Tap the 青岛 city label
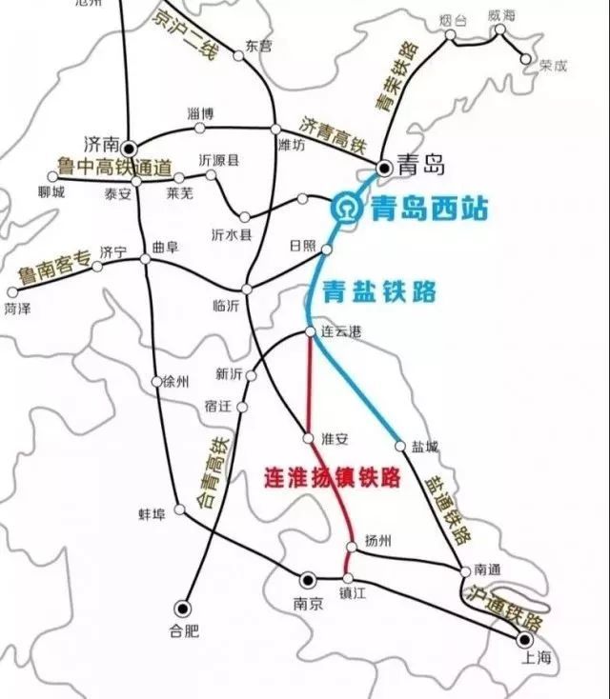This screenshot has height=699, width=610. [421, 168]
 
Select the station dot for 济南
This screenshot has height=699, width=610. [128, 147]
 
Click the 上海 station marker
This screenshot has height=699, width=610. [523, 639]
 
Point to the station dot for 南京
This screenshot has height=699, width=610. [308, 579]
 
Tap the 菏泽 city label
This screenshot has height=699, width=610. [16, 309]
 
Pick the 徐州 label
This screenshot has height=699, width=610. [176, 382]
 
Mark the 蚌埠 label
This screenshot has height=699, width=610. [152, 514]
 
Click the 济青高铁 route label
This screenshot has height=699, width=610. [333, 134]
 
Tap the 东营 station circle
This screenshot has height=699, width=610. [238, 56]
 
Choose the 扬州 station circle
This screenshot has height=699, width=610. [352, 546]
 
